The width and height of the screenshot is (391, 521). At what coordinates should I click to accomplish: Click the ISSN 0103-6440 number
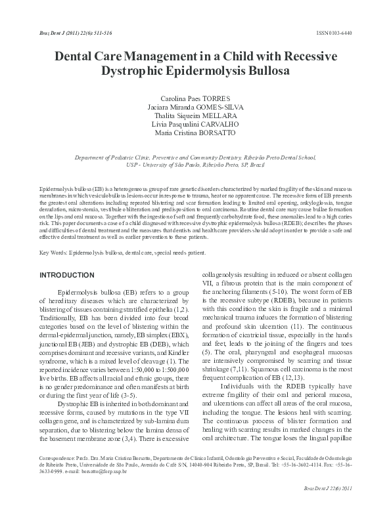[x=342, y=32]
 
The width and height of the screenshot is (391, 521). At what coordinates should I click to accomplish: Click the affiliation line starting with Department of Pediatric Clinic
[x=196, y=158]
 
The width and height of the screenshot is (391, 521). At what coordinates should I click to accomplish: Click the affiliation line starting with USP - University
[x=196, y=165]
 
